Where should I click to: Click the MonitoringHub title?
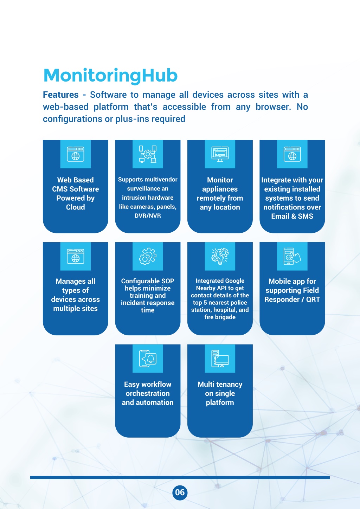pos(110,76)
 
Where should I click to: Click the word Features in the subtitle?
pos(61,95)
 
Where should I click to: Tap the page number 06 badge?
pos(180,492)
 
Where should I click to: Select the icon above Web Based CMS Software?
pos(76,154)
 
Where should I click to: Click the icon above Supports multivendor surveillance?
pos(148,154)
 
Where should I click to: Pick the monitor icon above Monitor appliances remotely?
pos(220,154)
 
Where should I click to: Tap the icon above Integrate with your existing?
pos(292,154)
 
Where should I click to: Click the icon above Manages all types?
pos(76,256)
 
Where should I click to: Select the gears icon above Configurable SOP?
pos(148,256)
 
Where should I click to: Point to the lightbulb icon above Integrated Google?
pos(220,256)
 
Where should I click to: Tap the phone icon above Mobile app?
pos(292,256)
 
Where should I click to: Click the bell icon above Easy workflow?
pos(148,359)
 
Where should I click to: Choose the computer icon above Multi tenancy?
pos(220,359)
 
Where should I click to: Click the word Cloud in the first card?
pos(76,207)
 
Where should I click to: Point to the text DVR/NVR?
pos(148,215)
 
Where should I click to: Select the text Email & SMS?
pos(292,216)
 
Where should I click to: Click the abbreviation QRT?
pos(313,299)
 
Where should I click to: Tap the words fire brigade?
pos(220,317)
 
